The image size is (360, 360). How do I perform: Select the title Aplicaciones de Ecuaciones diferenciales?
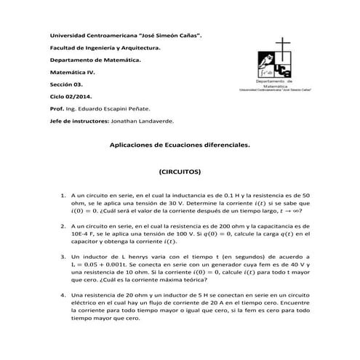180,145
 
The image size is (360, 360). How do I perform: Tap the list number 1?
63,196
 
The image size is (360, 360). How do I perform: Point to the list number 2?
63,228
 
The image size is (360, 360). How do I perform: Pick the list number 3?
63,258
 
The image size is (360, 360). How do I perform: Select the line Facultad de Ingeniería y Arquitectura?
104,48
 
